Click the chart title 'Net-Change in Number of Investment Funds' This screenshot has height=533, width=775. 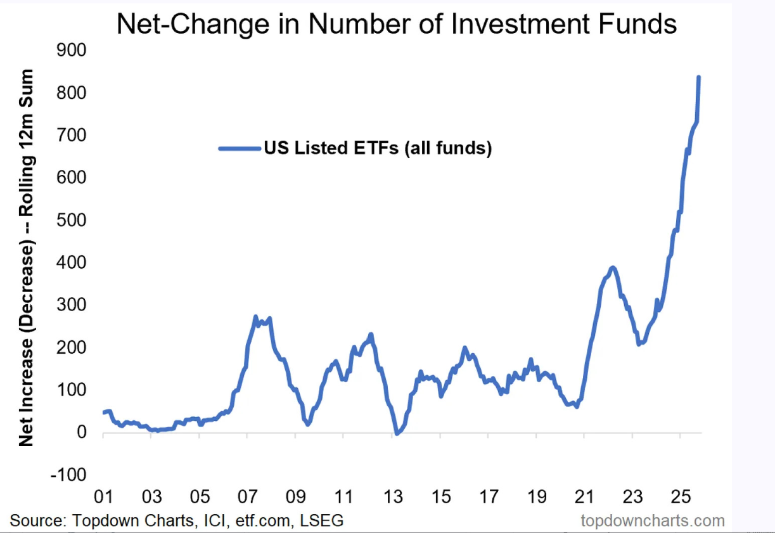[397, 24]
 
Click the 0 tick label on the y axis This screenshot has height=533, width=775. [81, 432]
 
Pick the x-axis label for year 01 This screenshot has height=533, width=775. [103, 496]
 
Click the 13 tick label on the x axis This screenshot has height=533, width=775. [393, 496]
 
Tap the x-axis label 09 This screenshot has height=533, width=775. [296, 496]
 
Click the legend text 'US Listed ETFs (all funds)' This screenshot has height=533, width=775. [378, 149]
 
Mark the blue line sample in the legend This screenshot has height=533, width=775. [239, 149]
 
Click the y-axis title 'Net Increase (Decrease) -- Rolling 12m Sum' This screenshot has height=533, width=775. [27, 257]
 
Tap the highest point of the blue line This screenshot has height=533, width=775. [698, 77]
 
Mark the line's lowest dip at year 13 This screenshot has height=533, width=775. [397, 433]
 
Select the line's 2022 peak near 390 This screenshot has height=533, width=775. [612, 267]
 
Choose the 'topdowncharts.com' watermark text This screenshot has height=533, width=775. [653, 521]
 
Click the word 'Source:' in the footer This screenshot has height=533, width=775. [38, 521]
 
